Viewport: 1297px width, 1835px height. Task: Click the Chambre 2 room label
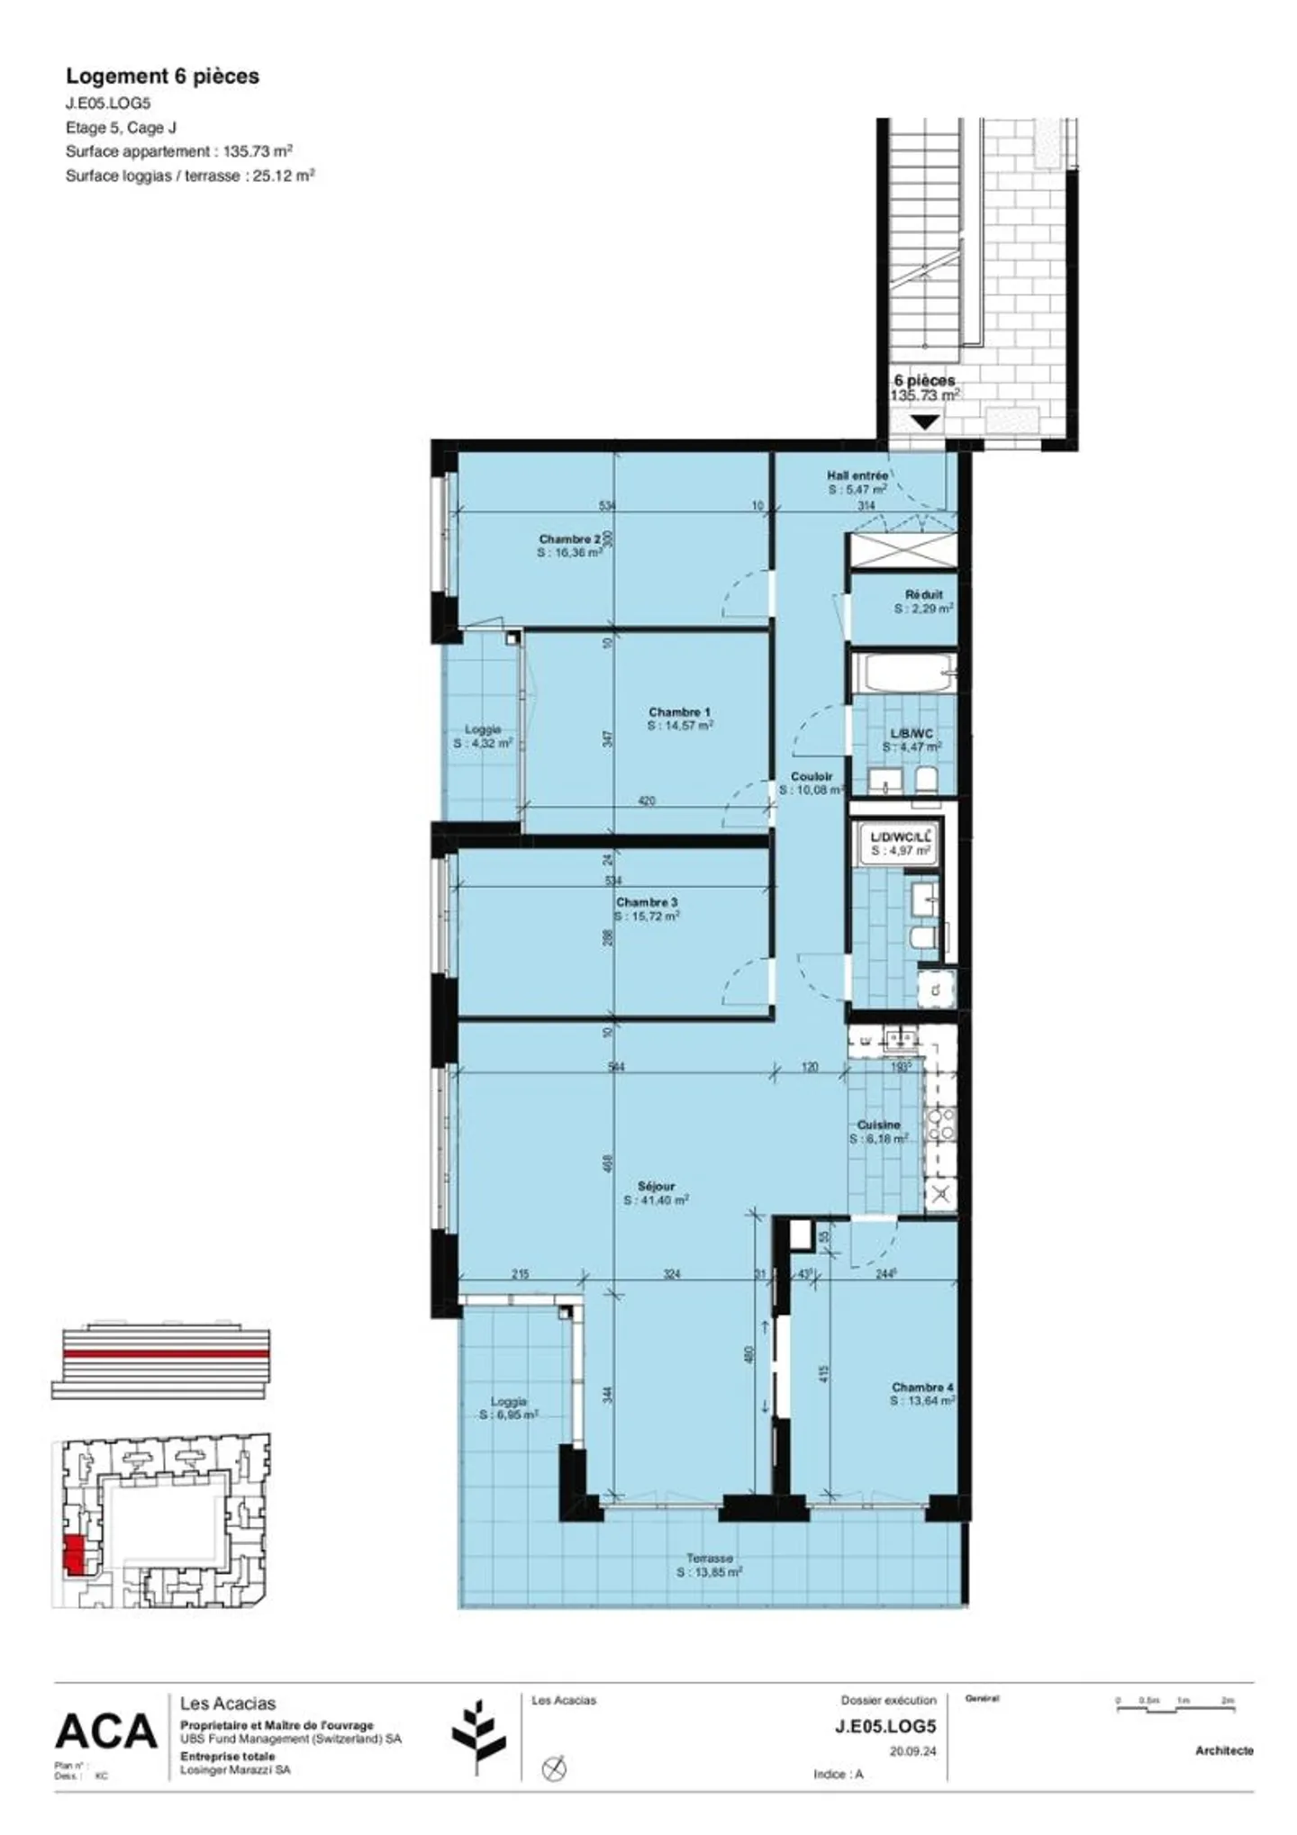click(569, 538)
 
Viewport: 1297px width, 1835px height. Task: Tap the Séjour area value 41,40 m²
click(657, 1200)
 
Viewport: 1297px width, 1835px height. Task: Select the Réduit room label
click(923, 594)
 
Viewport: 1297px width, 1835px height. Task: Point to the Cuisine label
click(878, 1125)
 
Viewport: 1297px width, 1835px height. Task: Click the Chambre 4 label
click(922, 1388)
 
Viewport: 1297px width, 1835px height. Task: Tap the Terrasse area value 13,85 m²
click(710, 1572)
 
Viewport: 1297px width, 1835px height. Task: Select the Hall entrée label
click(857, 475)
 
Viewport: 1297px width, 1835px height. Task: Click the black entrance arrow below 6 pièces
click(925, 421)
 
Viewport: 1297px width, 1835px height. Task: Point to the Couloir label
click(812, 776)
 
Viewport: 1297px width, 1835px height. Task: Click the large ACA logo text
click(106, 1731)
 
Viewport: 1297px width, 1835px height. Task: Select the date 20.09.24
click(912, 1751)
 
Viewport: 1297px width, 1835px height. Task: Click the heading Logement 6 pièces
click(162, 77)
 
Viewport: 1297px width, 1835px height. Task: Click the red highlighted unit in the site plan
click(74, 1555)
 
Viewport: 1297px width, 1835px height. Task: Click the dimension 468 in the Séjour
click(608, 1163)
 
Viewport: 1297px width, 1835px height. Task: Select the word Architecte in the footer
click(1224, 1750)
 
